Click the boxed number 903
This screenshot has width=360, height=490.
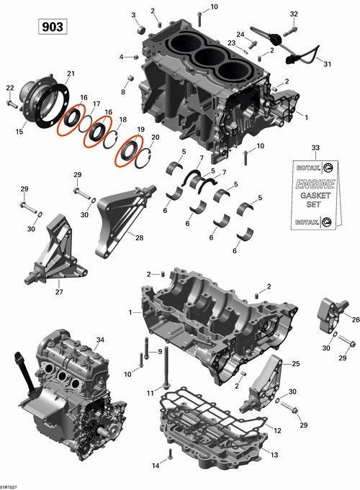pyautogui.click(x=53, y=27)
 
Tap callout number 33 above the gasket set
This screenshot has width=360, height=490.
pyautogui.click(x=315, y=148)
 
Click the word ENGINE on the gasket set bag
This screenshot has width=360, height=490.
pyautogui.click(x=315, y=183)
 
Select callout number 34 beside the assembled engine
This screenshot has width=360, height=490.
pyautogui.click(x=100, y=340)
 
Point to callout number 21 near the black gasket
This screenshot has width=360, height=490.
pyautogui.click(x=71, y=73)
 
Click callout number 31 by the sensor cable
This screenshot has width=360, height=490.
pyautogui.click(x=327, y=64)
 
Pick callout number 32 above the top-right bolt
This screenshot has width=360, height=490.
pyautogui.click(x=294, y=14)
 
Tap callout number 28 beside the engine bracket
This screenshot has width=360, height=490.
pyautogui.click(x=140, y=238)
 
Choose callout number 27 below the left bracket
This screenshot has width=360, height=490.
pyautogui.click(x=59, y=292)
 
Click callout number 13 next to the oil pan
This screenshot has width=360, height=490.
pyautogui.click(x=274, y=455)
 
